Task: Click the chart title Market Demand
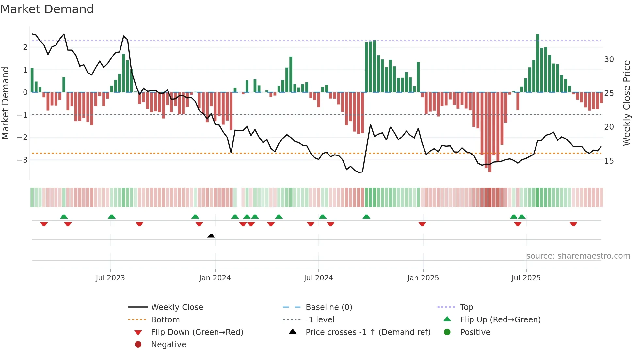(47, 9)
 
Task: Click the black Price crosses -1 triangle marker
(211, 236)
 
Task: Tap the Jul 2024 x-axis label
(318, 278)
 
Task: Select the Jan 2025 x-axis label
(423, 278)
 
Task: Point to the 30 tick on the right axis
(609, 59)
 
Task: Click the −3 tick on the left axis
(22, 160)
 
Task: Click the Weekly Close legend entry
(177, 307)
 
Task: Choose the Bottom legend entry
(165, 319)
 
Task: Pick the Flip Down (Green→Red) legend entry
(197, 332)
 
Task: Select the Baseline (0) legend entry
(328, 307)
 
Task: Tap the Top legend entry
(467, 307)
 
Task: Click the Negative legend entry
(168, 344)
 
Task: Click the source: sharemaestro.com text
(578, 256)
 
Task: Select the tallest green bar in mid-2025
(537, 62)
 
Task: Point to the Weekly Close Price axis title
(626, 103)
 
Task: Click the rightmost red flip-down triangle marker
(573, 224)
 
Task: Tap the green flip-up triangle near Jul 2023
(112, 217)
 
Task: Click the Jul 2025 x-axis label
(526, 278)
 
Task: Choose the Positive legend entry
(475, 332)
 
